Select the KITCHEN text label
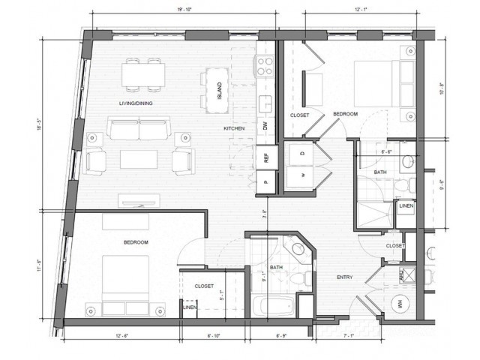tap(234, 129)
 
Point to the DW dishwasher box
tap(265, 127)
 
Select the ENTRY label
tap(346, 276)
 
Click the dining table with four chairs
tap(144, 73)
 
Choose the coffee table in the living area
tap(139, 160)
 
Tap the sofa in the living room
tap(139, 129)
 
